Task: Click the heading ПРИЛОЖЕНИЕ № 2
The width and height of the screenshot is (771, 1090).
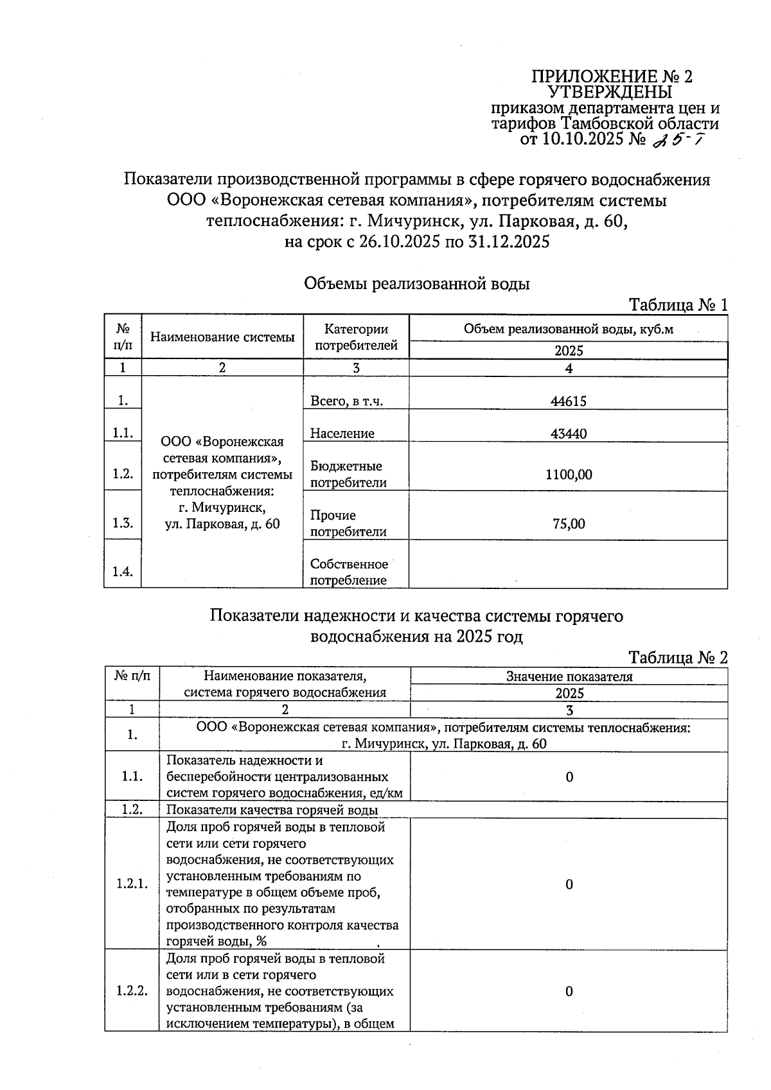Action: (612, 77)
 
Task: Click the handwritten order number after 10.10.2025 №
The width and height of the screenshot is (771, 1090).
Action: (677, 139)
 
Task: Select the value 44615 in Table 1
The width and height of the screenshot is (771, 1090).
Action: (568, 401)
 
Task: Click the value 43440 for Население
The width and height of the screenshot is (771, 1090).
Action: (568, 434)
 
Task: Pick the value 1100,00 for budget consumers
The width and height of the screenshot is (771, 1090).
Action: (568, 475)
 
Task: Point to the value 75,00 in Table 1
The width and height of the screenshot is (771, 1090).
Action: (568, 523)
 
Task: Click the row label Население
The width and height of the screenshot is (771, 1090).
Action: (342, 434)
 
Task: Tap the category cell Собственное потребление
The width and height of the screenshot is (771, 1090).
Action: (349, 572)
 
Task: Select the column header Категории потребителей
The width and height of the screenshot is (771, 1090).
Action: (356, 337)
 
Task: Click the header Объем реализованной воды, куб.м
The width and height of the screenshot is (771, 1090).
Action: (568, 330)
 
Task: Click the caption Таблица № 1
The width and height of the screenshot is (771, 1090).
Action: (678, 304)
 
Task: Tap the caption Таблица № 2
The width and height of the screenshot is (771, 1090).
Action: (678, 657)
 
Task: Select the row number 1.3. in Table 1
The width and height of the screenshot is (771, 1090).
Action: (122, 523)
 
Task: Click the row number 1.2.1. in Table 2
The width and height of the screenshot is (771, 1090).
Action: (132, 884)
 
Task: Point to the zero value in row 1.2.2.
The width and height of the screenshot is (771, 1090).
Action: (569, 991)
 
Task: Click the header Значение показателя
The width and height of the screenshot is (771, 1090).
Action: (569, 676)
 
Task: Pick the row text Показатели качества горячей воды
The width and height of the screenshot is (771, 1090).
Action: (272, 810)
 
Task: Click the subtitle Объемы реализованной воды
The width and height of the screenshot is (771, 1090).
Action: (416, 283)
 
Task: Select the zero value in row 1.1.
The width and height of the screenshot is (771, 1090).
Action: (569, 777)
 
